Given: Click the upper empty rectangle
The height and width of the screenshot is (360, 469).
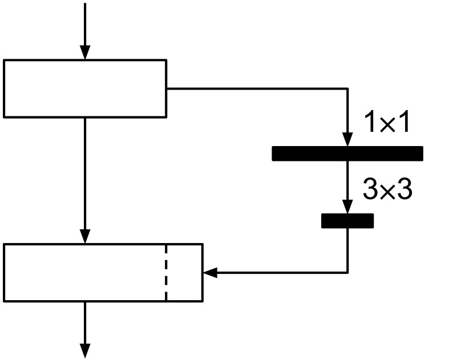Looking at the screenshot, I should click(x=85, y=88).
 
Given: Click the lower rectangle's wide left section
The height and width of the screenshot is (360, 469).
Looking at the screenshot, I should click(x=85, y=272).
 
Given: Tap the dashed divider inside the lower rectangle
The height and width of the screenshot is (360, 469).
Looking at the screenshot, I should click(x=166, y=272).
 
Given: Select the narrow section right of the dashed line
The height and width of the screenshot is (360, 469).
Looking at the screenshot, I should click(x=184, y=272).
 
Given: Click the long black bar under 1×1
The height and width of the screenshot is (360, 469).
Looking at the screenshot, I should click(x=347, y=153).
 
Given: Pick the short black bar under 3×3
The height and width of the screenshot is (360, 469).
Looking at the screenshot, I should click(x=347, y=221).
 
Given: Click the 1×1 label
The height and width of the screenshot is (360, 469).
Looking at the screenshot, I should click(x=387, y=123).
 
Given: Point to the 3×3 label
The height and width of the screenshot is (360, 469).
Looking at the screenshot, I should click(x=387, y=191).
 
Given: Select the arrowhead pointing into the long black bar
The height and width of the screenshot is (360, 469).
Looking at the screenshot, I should click(x=347, y=140).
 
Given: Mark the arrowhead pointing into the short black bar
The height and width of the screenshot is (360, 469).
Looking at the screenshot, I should click(x=347, y=208).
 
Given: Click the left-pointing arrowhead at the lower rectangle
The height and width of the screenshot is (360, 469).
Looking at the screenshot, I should click(x=210, y=273).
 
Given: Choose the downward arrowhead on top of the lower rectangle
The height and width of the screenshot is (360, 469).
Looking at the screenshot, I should click(x=85, y=237).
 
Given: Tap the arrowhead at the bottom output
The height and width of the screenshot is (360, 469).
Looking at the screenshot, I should click(x=85, y=351).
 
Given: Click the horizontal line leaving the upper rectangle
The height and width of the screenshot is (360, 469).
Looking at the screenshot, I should click(x=257, y=88).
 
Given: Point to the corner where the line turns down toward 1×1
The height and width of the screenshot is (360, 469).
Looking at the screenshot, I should click(x=347, y=88).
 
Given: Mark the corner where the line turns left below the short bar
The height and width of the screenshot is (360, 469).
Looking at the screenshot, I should click(x=347, y=273).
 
